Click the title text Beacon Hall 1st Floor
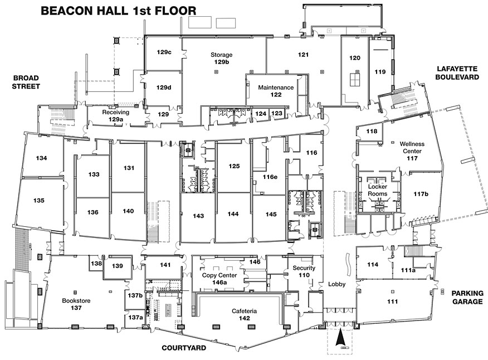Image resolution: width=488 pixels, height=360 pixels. pyautogui.click(x=119, y=11)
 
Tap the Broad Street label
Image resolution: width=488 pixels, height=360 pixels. pyautogui.click(x=26, y=82)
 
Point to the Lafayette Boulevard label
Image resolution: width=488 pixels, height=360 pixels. pyautogui.click(x=457, y=73)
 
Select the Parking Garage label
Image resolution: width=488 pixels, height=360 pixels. pyautogui.click(x=467, y=298)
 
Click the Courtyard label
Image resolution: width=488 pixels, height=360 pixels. pyautogui.click(x=184, y=348)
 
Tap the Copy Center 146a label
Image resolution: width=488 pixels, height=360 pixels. pyautogui.click(x=219, y=279)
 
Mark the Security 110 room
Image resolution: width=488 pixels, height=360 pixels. pyautogui.click(x=304, y=271)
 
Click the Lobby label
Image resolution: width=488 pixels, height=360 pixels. pyautogui.click(x=336, y=284)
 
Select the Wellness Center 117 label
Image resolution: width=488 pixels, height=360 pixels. pyautogui.click(x=412, y=151)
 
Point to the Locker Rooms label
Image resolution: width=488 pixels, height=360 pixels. pyautogui.click(x=378, y=190)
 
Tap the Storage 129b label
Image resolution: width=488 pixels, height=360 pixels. pyautogui.click(x=221, y=58)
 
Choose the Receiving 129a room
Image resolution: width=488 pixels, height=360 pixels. pyautogui.click(x=115, y=116)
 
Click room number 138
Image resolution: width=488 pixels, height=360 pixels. pyautogui.click(x=96, y=264)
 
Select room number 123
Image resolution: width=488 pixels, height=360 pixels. pyautogui.click(x=277, y=113)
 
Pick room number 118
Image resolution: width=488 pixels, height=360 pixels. pyautogui.click(x=372, y=131)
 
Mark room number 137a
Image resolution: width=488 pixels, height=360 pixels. pyautogui.click(x=135, y=317)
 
